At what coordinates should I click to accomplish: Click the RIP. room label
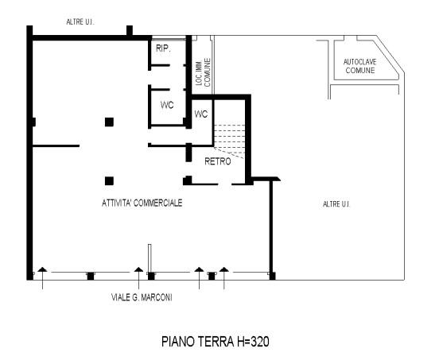coord(163,48)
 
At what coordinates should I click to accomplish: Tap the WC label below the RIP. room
coord(167,105)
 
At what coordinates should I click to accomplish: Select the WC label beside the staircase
coord(201,114)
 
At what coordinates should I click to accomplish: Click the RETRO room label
coord(218,161)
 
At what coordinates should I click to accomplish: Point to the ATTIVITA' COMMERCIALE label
coord(142,203)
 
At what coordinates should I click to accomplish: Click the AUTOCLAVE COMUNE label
coord(359,66)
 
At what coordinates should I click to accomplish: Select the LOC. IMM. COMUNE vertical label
coord(204,72)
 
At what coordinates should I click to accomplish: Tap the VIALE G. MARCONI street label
coord(142,297)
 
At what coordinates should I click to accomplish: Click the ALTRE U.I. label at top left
coord(80,21)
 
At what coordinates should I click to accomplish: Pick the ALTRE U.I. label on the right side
coord(336,204)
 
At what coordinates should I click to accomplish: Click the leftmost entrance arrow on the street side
coord(42,278)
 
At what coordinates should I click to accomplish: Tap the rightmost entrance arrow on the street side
coord(224,278)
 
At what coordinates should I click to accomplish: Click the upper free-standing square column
coord(109,122)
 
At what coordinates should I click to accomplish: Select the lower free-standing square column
coord(109,181)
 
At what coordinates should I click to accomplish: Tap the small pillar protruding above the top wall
coord(130,30)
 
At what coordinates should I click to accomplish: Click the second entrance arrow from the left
coord(138,278)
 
